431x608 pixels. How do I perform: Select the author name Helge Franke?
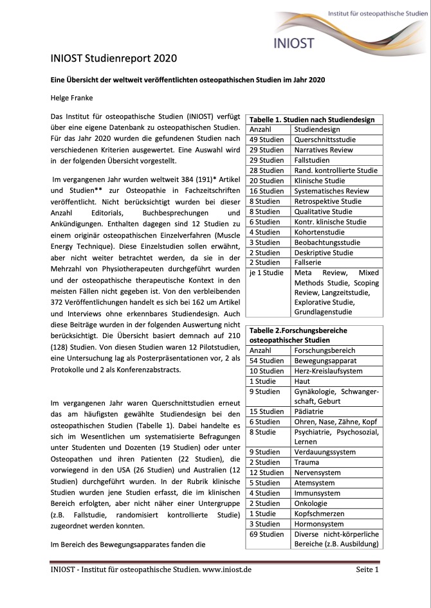71,98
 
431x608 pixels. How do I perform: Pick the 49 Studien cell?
266,139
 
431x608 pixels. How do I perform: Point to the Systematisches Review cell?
331,191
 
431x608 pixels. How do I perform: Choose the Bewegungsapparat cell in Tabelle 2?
325,361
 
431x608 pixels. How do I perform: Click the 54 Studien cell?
266,361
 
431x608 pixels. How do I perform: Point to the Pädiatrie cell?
310,412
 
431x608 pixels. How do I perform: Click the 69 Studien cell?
266,534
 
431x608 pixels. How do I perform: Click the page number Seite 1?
367,569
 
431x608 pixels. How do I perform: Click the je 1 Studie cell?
266,273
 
